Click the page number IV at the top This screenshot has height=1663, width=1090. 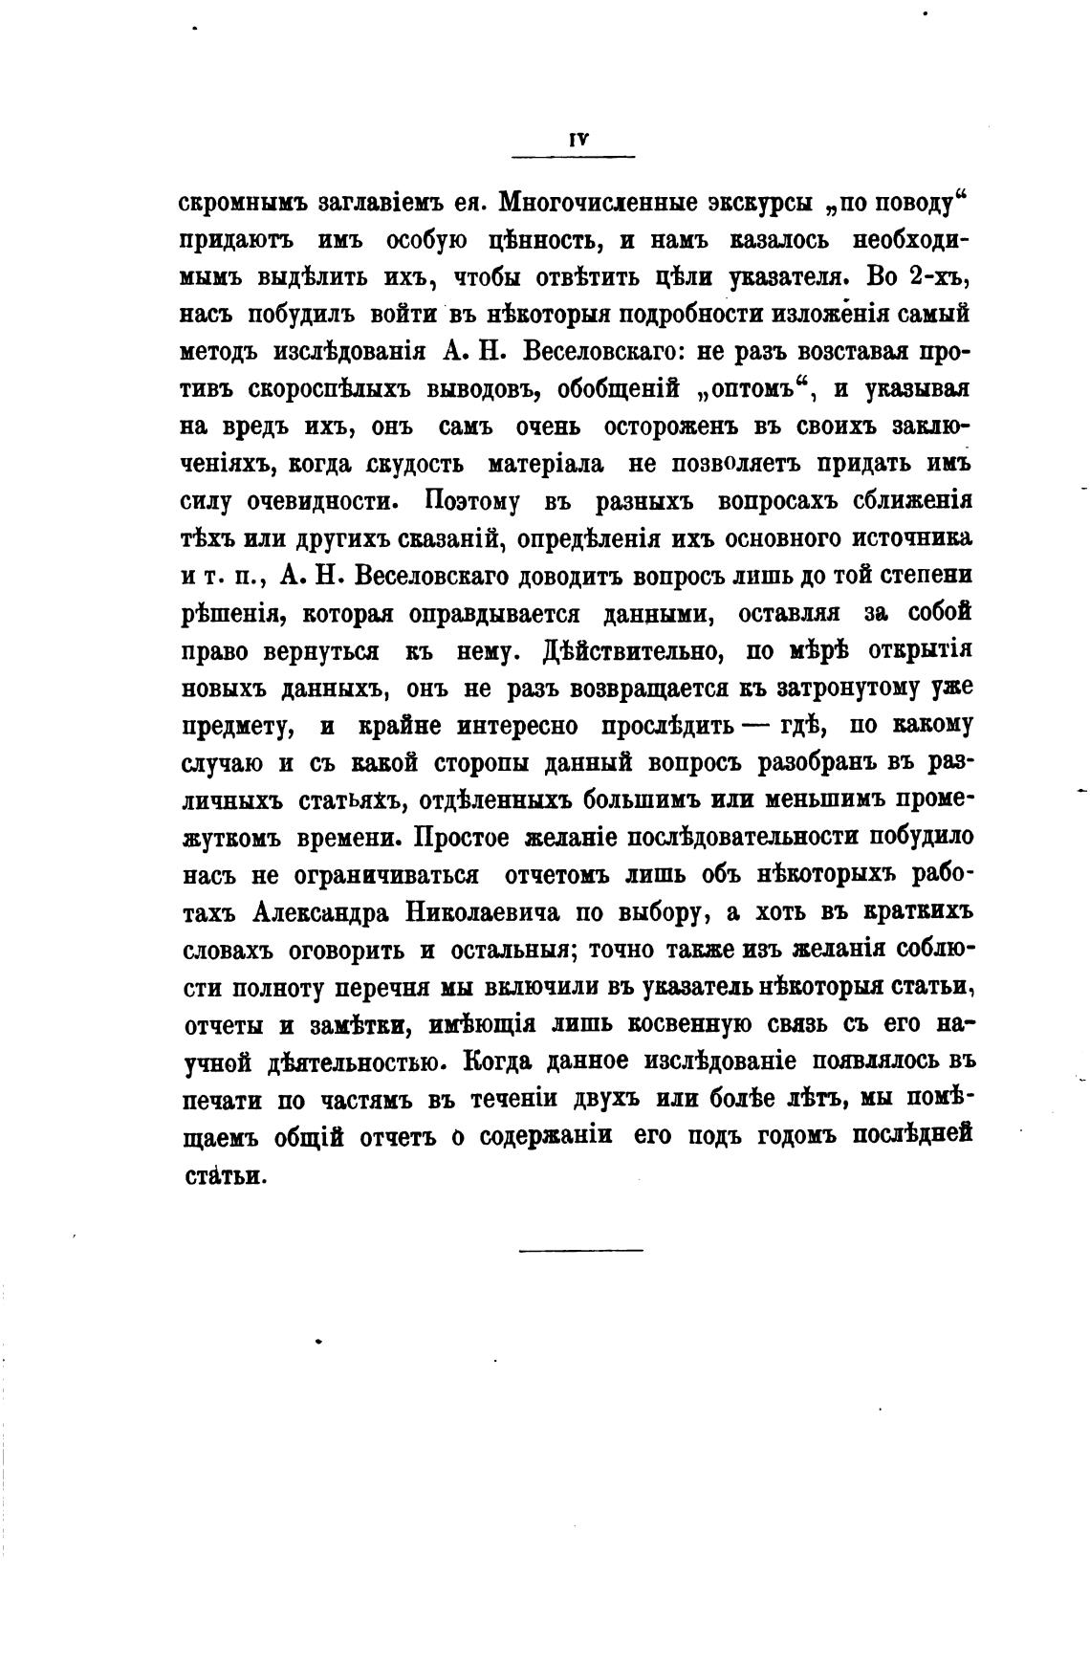pos(576,139)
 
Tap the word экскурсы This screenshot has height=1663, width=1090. pos(757,203)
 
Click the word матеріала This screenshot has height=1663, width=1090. pos(545,465)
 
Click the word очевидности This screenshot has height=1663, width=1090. pos(319,501)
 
